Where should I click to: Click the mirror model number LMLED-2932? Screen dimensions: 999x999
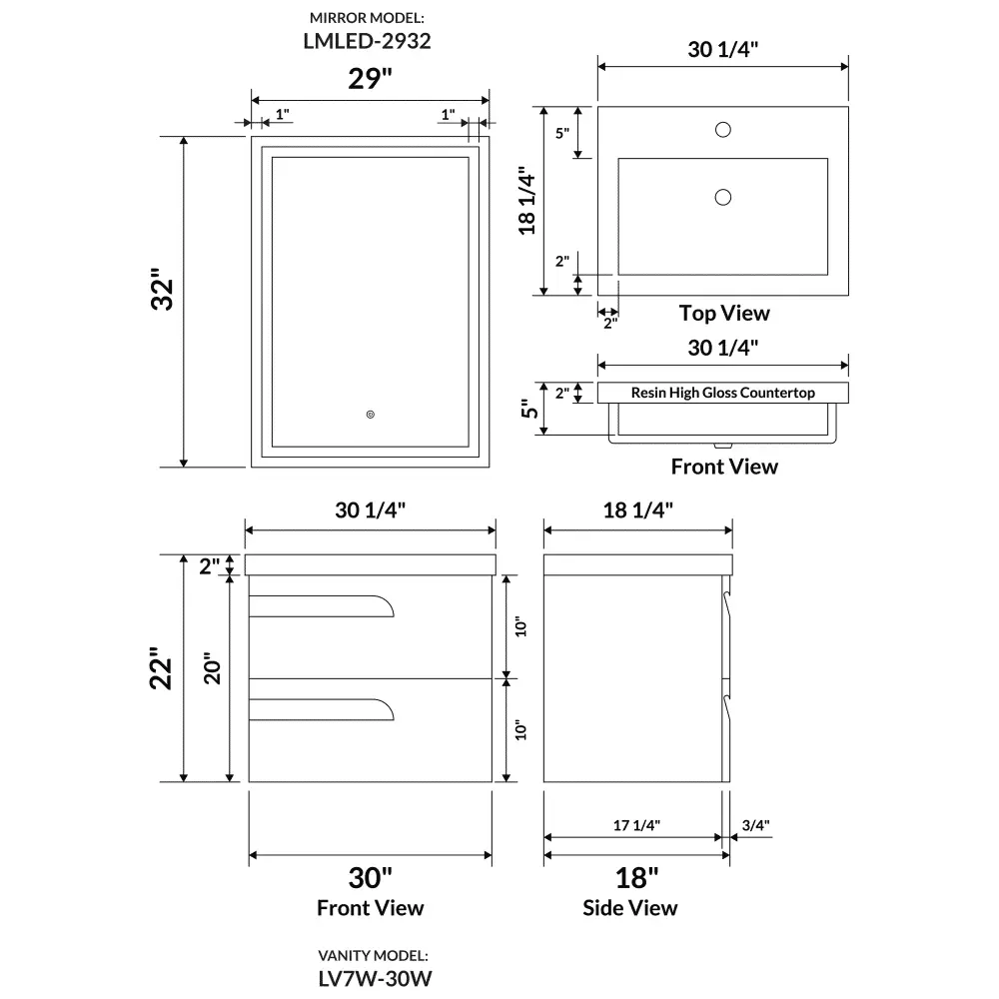click(x=367, y=41)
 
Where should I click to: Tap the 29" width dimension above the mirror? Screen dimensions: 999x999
click(x=370, y=79)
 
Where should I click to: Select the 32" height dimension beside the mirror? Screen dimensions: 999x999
click(x=162, y=290)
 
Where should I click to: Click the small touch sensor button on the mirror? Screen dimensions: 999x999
click(x=371, y=415)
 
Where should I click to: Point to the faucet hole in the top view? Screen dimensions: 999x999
click(x=722, y=129)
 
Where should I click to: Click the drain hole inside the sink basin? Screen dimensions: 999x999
click(x=722, y=197)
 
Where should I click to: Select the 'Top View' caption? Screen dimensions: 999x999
click(x=723, y=313)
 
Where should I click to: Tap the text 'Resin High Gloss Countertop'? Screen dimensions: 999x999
click(x=722, y=393)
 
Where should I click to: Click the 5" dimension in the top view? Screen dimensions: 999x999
click(x=561, y=133)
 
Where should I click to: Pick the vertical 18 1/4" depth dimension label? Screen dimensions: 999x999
click(x=526, y=201)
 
